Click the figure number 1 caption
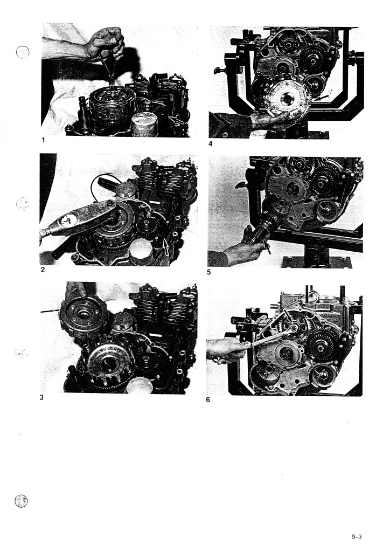coord(43,140)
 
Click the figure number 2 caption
coord(43,270)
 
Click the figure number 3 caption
coord(41,397)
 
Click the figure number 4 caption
coord(210,143)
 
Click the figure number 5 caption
coord(209,272)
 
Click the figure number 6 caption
coord(208,400)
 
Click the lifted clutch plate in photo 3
coord(83,316)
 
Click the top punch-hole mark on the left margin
coord(23,52)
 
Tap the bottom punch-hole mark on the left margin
coord(21,501)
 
